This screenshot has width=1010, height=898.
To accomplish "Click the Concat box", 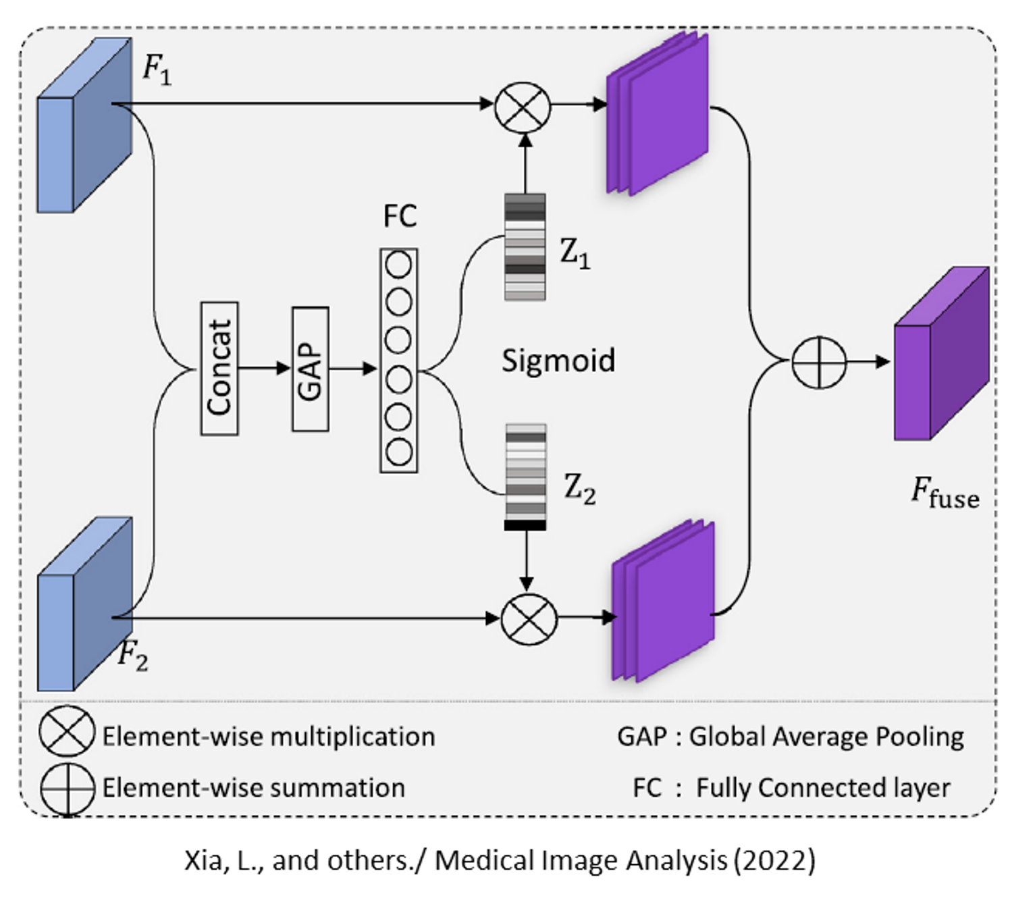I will pyautogui.click(x=219, y=369).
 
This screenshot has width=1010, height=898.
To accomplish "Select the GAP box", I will pyautogui.click(x=311, y=369).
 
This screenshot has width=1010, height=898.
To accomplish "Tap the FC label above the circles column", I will pyautogui.click(x=400, y=217).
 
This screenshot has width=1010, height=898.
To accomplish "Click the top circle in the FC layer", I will pyautogui.click(x=398, y=265).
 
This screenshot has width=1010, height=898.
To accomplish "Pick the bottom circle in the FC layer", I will pyautogui.click(x=398, y=452).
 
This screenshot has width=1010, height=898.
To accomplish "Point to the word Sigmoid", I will pyautogui.click(x=558, y=361).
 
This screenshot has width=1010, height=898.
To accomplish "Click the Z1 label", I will pyautogui.click(x=575, y=255).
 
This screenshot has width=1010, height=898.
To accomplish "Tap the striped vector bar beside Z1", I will pyautogui.click(x=525, y=247).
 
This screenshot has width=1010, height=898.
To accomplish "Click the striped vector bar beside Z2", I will pyautogui.click(x=525, y=477).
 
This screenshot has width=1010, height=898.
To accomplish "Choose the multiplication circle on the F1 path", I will pyautogui.click(x=523, y=107).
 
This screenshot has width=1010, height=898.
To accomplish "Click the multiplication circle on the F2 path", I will pyautogui.click(x=529, y=618).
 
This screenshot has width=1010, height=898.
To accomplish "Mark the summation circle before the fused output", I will pyautogui.click(x=818, y=363).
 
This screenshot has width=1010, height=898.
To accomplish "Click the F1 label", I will pyautogui.click(x=157, y=70).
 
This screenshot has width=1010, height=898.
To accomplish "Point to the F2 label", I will pyautogui.click(x=132, y=655).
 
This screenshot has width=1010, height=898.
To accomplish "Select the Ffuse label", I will pyautogui.click(x=945, y=492).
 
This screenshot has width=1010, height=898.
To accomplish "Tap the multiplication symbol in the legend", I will pyautogui.click(x=67, y=733).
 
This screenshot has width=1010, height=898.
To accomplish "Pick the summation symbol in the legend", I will pyautogui.click(x=67, y=789).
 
